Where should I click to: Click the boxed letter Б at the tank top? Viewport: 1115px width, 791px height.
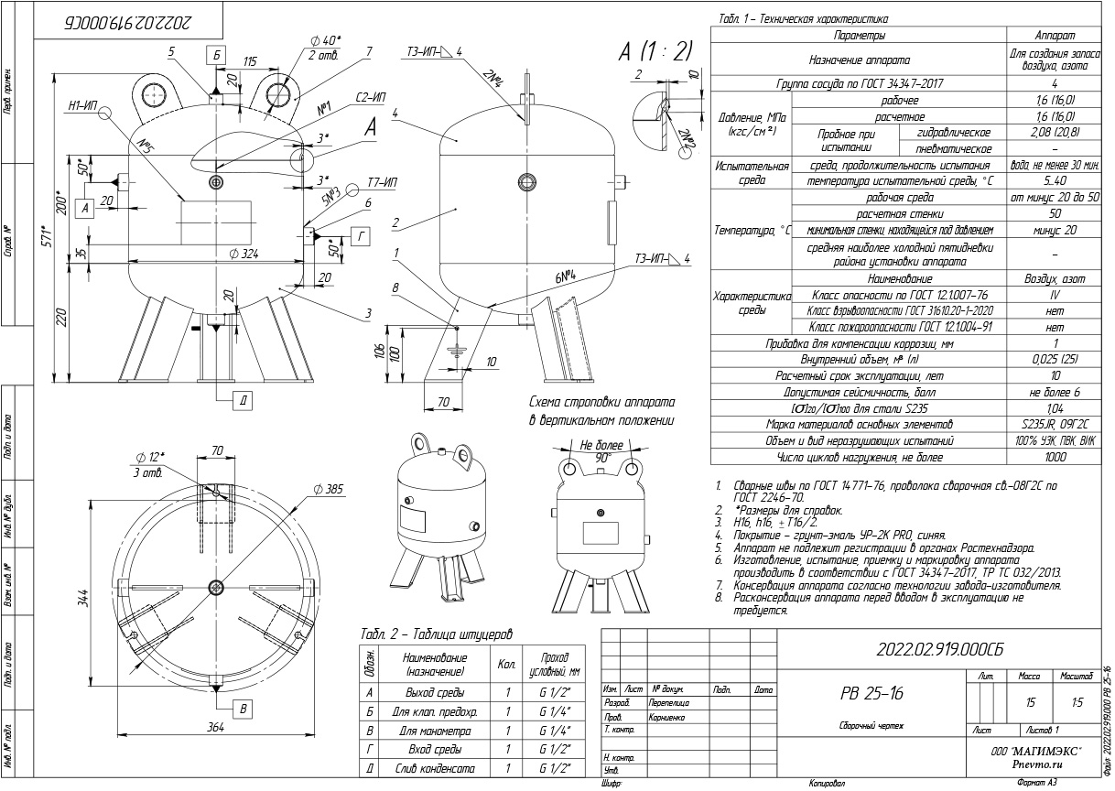(x=216, y=53)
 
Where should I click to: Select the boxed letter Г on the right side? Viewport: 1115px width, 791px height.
(x=363, y=236)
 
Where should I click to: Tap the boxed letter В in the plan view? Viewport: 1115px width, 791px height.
(x=243, y=707)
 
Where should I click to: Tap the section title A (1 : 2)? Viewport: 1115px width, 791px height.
(x=655, y=51)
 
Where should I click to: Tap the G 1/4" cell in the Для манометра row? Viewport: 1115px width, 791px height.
(x=556, y=731)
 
